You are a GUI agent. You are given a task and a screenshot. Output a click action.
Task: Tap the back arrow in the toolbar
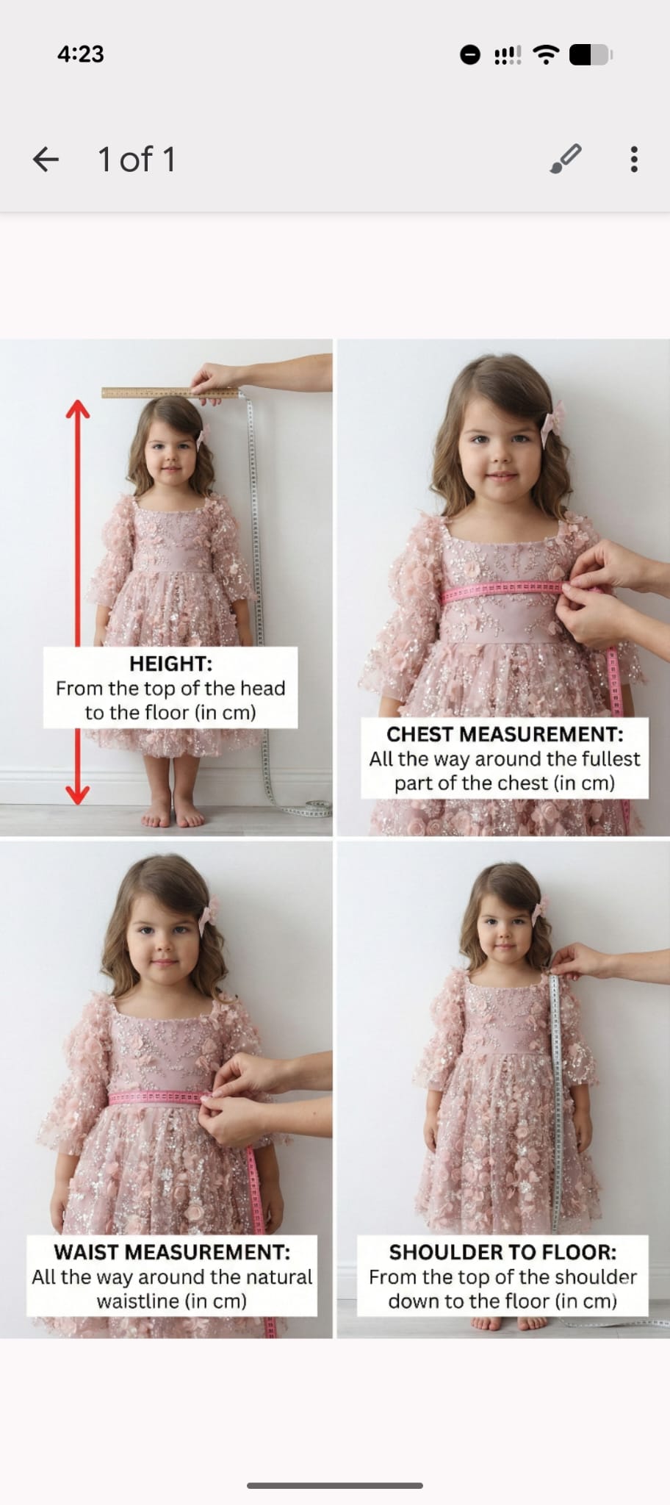point(46,159)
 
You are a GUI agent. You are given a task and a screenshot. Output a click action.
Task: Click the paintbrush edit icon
point(566,159)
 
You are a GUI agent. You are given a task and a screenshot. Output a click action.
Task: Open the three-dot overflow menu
point(634,159)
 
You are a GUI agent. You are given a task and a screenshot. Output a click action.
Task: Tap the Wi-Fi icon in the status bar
point(546,54)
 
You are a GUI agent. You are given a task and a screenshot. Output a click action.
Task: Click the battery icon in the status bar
point(591,54)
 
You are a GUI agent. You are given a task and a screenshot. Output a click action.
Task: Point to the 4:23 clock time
point(81,54)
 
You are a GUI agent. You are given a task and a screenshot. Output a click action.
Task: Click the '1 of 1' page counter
point(137,159)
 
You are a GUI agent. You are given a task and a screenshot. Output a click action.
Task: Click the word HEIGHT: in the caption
point(170,664)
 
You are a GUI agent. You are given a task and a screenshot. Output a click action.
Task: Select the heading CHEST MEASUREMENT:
point(505,734)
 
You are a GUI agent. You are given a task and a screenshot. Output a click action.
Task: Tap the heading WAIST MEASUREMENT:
point(172,1252)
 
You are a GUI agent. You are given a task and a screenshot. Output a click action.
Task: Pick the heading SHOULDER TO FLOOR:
point(502,1252)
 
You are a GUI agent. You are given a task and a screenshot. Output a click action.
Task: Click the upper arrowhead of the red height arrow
point(78,409)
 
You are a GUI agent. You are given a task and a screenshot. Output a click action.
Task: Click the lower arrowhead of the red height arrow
point(78,794)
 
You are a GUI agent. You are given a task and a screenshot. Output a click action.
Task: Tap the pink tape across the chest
point(502,589)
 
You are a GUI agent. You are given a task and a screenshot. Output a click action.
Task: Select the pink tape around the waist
point(156,1098)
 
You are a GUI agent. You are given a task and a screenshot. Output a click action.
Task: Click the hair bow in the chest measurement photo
point(553,423)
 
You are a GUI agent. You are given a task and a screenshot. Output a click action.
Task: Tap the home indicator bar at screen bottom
point(335,1485)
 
